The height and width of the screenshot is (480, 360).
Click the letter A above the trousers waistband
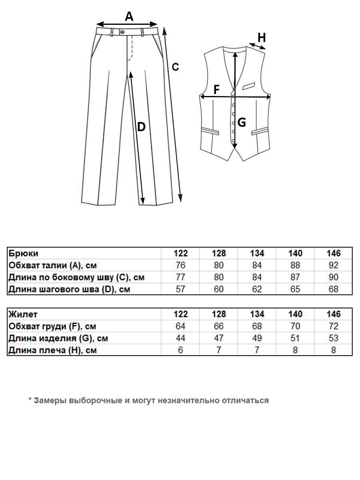click(129, 16)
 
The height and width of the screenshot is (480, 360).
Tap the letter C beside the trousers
click(175, 67)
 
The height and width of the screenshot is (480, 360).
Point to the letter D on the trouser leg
click(141, 127)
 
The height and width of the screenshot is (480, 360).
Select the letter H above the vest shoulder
click(262, 38)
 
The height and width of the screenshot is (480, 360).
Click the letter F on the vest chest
click(216, 90)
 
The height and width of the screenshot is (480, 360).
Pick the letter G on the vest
click(242, 123)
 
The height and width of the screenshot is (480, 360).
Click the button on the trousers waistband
click(122, 32)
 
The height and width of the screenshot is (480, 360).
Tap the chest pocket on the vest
click(249, 85)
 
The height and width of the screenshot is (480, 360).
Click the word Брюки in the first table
click(24, 253)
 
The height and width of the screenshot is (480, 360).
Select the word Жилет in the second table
click(23, 314)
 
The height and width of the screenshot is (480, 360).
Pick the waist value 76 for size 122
click(180, 266)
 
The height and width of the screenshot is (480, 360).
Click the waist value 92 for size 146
click(333, 266)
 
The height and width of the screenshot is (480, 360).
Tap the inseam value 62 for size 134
click(257, 289)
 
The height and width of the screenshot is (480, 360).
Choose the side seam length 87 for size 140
click(295, 277)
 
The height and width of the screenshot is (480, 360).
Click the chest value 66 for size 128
click(219, 326)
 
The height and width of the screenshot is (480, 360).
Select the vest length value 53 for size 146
click(333, 338)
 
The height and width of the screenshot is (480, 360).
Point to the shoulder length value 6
click(180, 350)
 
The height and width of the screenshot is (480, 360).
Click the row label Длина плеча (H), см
click(52, 350)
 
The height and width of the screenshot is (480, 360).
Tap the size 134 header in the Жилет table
click(257, 314)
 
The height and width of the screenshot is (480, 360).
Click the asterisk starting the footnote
click(30, 400)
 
